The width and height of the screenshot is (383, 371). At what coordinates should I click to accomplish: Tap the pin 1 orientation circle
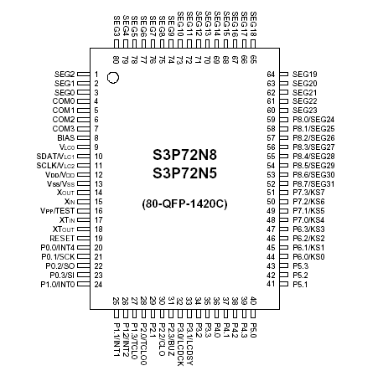pos(113,77)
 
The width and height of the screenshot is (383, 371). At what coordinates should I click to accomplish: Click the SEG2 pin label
pos(65,74)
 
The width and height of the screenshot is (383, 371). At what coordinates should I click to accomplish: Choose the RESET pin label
pos(63,237)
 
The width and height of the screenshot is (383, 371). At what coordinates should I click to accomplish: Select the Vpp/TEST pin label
pos(56,210)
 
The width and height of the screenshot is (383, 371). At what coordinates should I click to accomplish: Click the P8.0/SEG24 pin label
pos(313,120)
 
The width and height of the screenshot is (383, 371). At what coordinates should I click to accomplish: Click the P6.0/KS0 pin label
pos(308,256)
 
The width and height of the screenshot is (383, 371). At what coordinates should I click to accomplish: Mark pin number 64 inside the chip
pos(271,74)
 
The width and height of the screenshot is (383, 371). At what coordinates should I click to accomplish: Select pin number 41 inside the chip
pos(271,284)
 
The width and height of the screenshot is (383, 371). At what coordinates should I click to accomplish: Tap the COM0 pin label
pos(64,101)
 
